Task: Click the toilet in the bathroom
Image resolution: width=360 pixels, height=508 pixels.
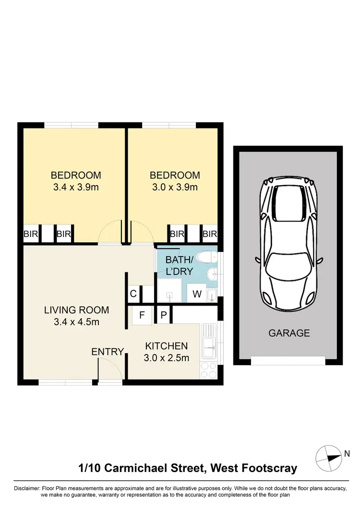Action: (207, 258)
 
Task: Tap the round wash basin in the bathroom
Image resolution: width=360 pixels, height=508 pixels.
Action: (211, 274)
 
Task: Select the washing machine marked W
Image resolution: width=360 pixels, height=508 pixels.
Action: (197, 294)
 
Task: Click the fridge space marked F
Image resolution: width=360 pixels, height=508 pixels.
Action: (142, 315)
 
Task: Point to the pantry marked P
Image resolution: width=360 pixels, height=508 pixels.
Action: (163, 315)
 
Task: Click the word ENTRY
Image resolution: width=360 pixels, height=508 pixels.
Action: (108, 352)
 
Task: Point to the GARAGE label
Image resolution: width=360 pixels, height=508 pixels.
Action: (289, 333)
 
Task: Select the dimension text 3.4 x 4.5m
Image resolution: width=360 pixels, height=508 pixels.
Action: (76, 322)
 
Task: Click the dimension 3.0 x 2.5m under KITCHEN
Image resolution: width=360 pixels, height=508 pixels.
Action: (167, 358)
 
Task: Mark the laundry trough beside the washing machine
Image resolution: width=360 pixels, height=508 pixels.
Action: (211, 294)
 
